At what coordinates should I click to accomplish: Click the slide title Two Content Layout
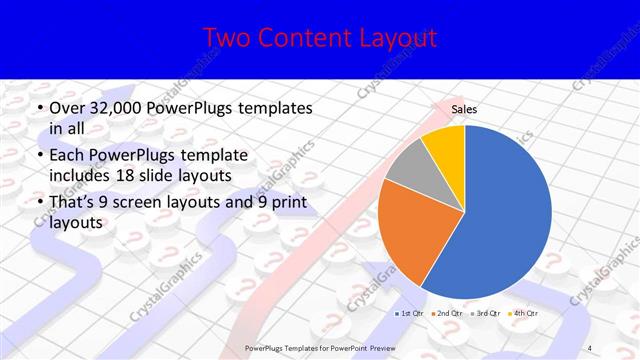pos(319,38)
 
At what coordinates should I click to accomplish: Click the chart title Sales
pos(463,111)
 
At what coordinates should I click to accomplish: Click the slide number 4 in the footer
pos(589,346)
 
